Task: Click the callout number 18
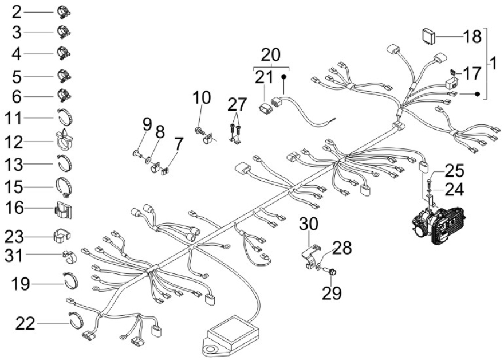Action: (x=472, y=37)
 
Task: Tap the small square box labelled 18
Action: (x=428, y=36)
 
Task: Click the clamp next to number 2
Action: (x=64, y=12)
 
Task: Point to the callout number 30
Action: (x=309, y=224)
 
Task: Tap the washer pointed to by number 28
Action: (x=318, y=266)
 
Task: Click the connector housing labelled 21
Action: (x=265, y=108)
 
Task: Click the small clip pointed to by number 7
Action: (x=165, y=171)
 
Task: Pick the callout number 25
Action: (x=455, y=171)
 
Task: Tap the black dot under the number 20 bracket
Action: (x=284, y=77)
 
